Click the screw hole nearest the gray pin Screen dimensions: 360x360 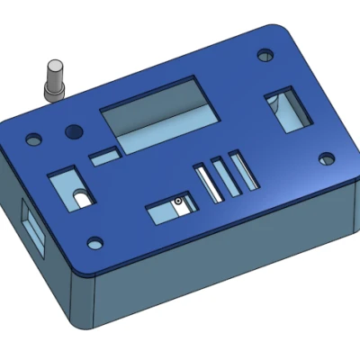[33, 141]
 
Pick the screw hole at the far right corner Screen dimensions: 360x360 [328, 159]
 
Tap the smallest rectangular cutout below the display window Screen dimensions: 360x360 [105, 157]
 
